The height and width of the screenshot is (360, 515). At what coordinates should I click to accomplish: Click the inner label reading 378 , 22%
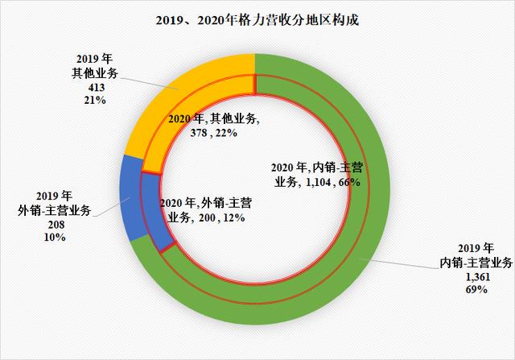click(213, 133)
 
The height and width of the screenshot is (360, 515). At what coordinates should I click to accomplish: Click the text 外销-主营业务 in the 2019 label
click(58, 212)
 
